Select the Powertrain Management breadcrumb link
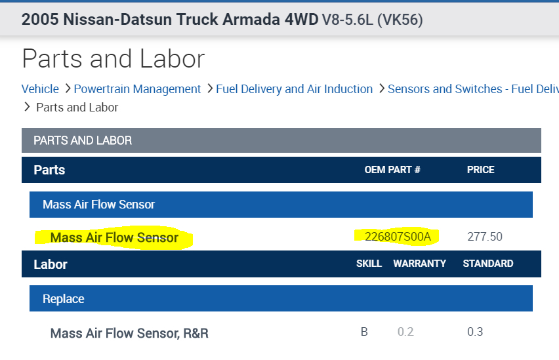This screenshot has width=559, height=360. pos(137,89)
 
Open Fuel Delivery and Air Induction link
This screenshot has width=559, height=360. pos(294,89)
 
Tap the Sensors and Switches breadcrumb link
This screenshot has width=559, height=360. pos(472,89)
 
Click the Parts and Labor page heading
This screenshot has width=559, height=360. pos(113,59)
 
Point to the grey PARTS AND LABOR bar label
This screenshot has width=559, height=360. pos(83,140)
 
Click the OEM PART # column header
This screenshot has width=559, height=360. pos(392,170)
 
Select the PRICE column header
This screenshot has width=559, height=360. pos(480,170)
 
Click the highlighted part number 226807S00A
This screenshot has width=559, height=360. pos(398,237)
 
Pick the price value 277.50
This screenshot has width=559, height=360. pos(484,237)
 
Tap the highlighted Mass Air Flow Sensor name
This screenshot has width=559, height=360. pos(114,237)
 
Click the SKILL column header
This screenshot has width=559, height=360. pos(369,264)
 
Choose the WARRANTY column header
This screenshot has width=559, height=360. pos(419,264)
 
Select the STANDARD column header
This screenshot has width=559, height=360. pos(487,264)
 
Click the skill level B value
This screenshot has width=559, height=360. pos(364,332)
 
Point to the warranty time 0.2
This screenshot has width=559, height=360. pos(405,332)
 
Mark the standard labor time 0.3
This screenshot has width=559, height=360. pos(475,332)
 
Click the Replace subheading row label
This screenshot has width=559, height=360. pos(64,299)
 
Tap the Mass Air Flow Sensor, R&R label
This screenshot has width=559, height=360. pos(129,333)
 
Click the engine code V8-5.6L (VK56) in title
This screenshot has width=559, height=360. pos(372,20)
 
